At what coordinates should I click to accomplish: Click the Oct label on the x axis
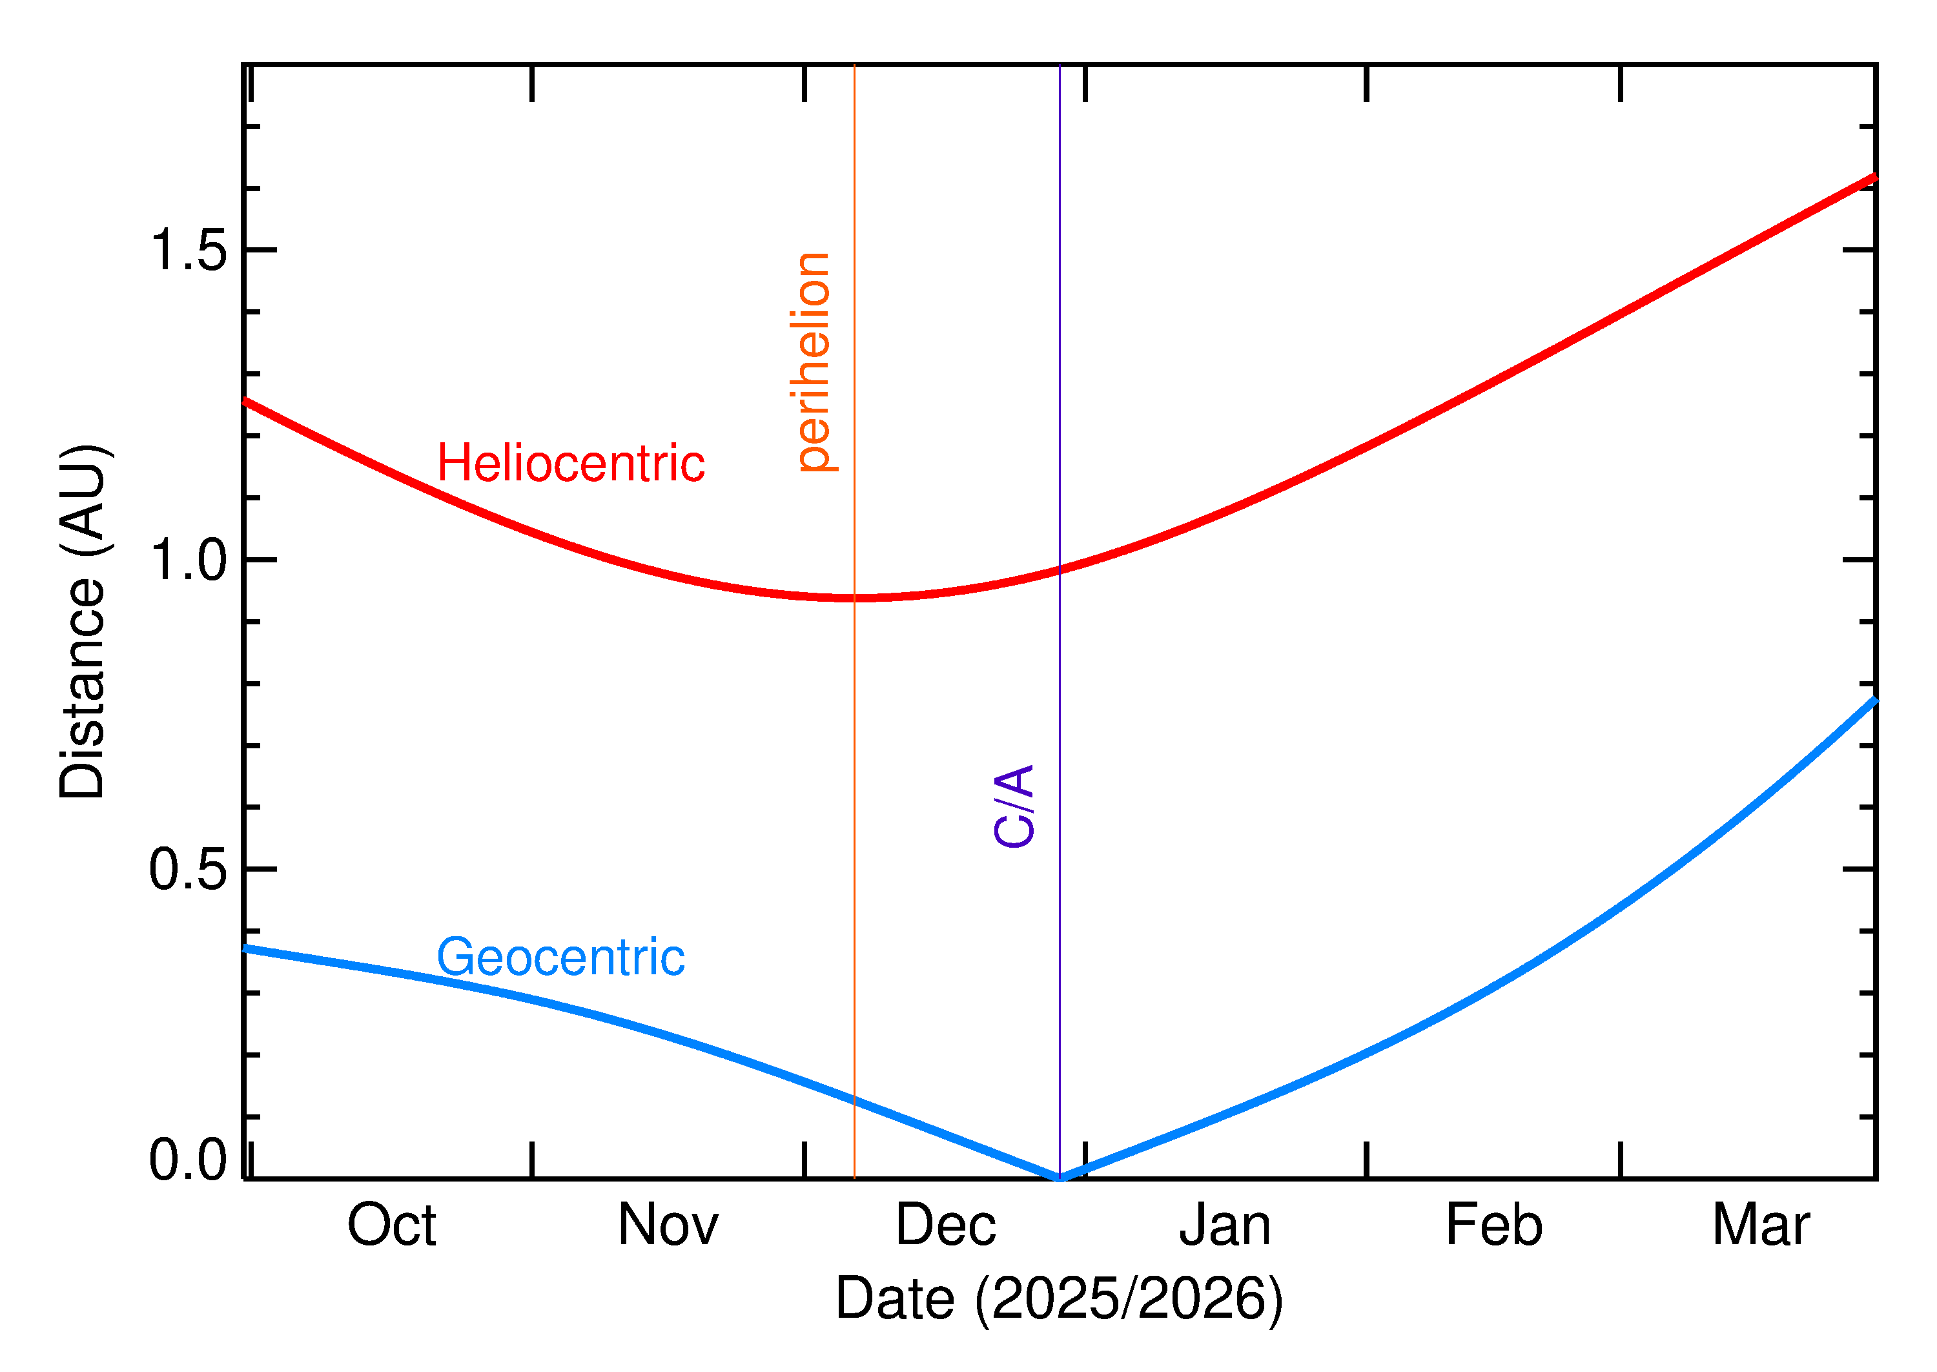pos(392,1226)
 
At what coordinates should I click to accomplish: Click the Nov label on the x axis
pos(668,1226)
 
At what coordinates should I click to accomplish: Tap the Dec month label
pos(946,1226)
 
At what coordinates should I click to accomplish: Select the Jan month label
pos(1225,1226)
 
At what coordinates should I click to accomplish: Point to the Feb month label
pos(1493,1226)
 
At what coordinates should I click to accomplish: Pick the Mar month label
pos(1761,1226)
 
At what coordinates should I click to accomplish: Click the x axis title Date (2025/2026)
pos(1060,1298)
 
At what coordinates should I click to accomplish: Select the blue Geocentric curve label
pos(560,958)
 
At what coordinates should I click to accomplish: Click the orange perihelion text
pos(814,362)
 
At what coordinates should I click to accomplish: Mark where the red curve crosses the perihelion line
pos(854,598)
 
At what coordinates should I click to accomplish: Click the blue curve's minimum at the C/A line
pos(1060,1178)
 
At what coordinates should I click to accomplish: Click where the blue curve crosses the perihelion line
pos(854,1100)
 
